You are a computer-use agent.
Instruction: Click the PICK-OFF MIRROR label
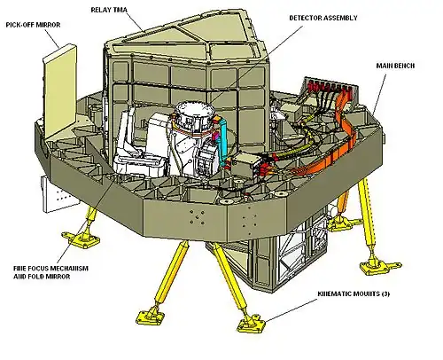point(33,25)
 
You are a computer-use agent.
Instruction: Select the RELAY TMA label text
point(109,10)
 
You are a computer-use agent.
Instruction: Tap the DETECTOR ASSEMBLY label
point(323,18)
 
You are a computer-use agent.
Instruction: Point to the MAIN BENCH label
point(395,66)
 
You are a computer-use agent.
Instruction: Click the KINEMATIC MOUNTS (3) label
point(354,293)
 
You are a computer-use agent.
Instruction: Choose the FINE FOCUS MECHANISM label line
point(51,269)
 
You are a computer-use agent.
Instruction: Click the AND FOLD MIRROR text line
point(42,277)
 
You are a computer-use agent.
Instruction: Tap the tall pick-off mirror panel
point(60,91)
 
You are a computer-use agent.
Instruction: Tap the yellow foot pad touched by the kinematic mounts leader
point(251,324)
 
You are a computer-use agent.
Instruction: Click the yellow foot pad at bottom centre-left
point(151,317)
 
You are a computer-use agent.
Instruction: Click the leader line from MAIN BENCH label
point(379,95)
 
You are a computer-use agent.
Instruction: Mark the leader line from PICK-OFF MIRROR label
point(52,39)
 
